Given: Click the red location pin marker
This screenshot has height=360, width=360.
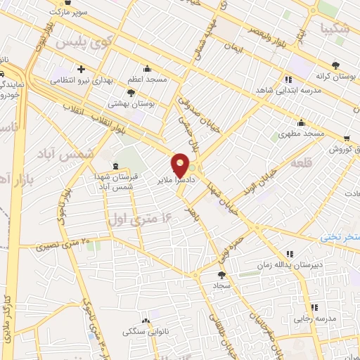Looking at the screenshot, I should (x=181, y=165).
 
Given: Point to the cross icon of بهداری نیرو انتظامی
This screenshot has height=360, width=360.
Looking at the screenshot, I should (x=82, y=69).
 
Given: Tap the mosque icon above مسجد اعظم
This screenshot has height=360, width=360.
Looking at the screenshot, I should (x=146, y=69).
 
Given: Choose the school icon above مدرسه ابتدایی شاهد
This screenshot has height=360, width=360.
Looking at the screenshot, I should (x=288, y=79).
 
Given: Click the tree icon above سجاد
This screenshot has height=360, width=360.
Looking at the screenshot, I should (x=223, y=275).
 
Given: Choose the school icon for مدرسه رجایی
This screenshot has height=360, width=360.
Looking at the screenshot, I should (x=314, y=307).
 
